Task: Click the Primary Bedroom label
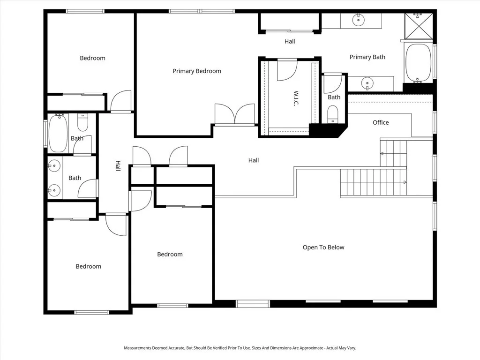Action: [197, 71]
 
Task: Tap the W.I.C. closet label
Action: [296, 98]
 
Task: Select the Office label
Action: [381, 122]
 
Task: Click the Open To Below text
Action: [323, 247]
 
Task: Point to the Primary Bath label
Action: [367, 57]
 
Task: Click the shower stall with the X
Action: [419, 26]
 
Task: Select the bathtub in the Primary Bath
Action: [418, 62]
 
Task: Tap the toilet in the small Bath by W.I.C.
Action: [333, 114]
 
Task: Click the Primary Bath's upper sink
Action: [358, 20]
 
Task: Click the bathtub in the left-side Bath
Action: [58, 133]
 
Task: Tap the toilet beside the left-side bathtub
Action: [82, 122]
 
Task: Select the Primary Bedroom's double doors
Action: [235, 114]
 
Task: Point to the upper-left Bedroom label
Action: [92, 58]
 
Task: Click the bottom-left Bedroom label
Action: [89, 266]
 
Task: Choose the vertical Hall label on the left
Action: [118, 165]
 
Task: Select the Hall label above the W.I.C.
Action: [290, 41]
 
